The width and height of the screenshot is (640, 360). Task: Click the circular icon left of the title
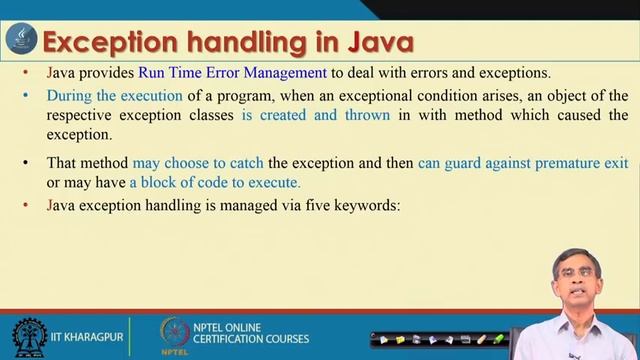pyautogui.click(x=20, y=42)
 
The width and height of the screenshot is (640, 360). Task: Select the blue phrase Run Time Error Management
pyautogui.click(x=247, y=73)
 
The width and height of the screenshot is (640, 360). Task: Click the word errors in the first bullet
pyautogui.click(x=469, y=73)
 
